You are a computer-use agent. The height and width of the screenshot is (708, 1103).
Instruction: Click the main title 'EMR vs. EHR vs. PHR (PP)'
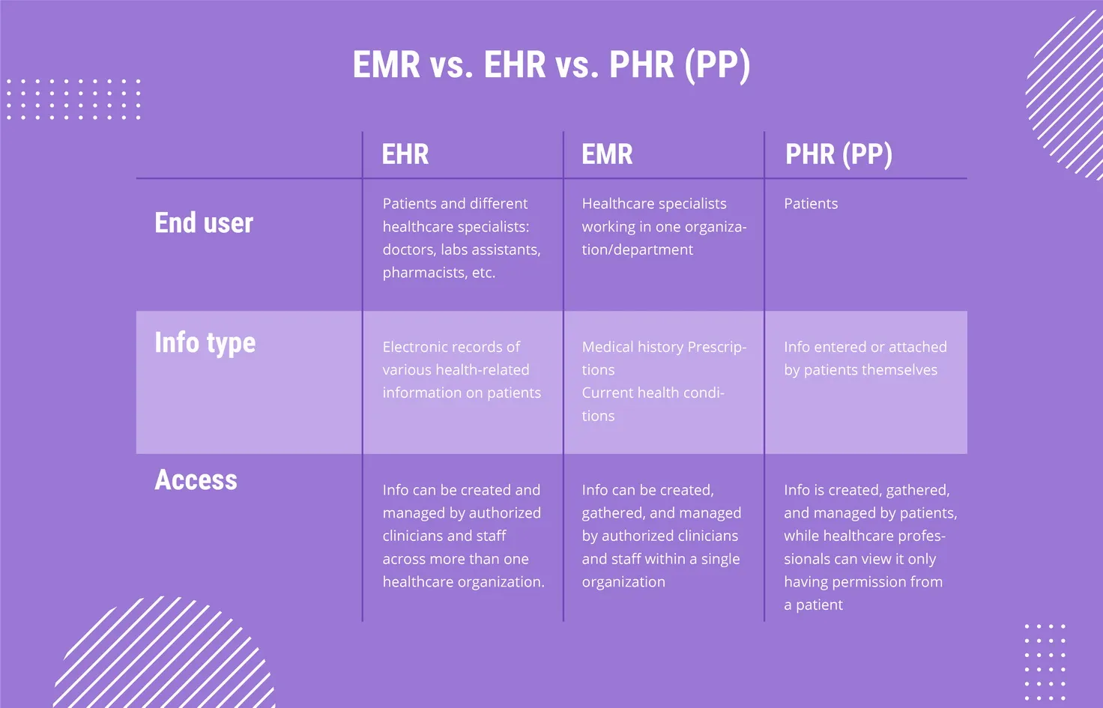point(551,65)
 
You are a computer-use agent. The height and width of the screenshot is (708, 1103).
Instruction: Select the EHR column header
point(405,154)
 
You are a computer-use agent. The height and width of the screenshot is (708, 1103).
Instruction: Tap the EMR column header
point(607,154)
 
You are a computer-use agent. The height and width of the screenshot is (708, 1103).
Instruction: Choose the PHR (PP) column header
point(838,154)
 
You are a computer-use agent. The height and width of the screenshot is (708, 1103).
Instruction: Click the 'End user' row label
point(204,223)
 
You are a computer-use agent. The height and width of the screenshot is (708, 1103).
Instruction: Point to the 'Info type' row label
point(205,342)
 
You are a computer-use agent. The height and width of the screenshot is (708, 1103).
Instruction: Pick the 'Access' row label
point(196,479)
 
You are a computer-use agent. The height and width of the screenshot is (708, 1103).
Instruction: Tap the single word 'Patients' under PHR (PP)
point(811,203)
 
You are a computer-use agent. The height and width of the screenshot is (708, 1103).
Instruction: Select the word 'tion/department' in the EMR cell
point(637,249)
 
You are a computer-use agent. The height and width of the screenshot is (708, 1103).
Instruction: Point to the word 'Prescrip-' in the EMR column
point(717,347)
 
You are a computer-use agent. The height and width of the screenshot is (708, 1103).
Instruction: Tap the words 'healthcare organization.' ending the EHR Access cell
point(463,582)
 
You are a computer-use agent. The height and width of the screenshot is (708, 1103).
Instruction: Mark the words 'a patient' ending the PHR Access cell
point(814,605)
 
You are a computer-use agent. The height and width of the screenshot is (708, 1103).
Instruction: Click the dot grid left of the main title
point(74,100)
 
